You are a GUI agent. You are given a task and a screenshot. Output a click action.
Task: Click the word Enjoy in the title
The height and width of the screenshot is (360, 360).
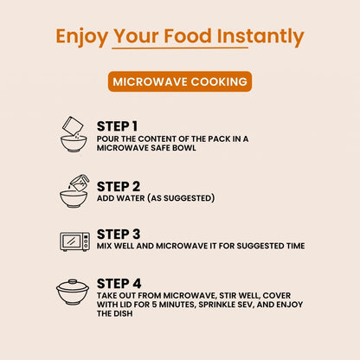click(81, 37)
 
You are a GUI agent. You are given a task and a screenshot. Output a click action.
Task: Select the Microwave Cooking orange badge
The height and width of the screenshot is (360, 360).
click(180, 81)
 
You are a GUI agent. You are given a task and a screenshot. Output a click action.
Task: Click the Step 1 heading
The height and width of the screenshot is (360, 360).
click(117, 126)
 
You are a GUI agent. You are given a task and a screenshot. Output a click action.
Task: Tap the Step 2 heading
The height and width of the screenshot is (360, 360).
click(119, 187)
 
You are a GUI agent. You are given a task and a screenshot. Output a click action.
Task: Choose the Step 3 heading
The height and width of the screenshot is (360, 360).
click(119, 235)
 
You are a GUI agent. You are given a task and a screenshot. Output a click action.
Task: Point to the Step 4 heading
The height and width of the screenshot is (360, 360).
click(119, 284)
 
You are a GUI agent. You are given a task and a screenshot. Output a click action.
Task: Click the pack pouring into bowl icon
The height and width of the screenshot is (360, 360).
click(74, 134)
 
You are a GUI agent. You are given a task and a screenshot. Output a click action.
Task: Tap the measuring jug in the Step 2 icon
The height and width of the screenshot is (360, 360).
click(80, 182)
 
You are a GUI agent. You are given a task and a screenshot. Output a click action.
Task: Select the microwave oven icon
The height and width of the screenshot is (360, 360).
click(74, 241)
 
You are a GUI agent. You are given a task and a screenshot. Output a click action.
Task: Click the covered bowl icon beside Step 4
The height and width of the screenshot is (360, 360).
click(73, 292)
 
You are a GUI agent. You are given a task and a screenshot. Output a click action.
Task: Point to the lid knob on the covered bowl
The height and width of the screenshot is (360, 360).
click(73, 281)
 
